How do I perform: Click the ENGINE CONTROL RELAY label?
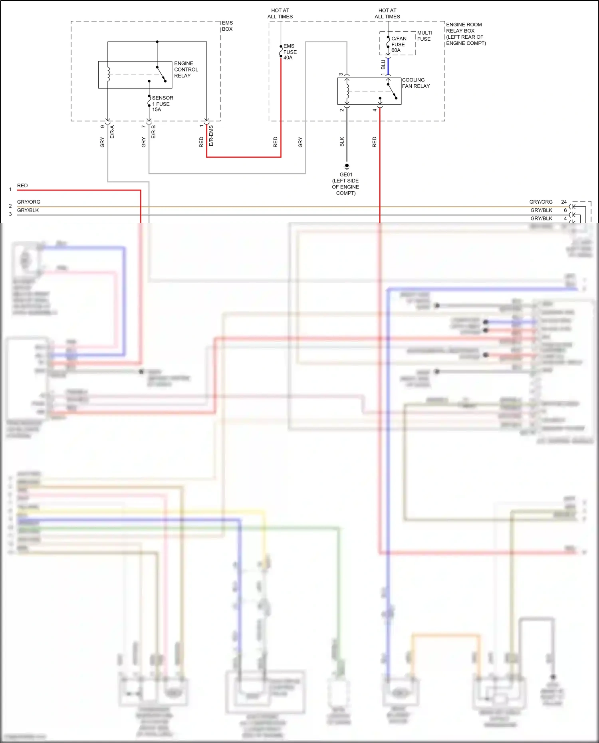tap(186, 69)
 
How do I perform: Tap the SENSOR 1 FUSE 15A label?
tap(162, 103)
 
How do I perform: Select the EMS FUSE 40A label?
tap(290, 52)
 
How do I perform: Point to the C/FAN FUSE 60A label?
tap(399, 44)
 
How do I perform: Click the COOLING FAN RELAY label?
tap(416, 83)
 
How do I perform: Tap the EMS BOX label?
tap(227, 26)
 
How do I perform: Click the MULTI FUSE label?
tap(424, 36)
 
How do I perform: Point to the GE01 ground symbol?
tap(347, 166)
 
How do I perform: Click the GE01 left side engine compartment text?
tap(346, 184)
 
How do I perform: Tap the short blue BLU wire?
tap(388, 66)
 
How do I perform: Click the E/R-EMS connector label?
tap(211, 136)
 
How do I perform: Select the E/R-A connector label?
tap(112, 132)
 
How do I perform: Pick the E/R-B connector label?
tap(154, 132)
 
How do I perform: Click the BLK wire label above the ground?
tap(342, 142)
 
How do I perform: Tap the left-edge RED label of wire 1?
tap(22, 186)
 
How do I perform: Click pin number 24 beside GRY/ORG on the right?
tap(564, 202)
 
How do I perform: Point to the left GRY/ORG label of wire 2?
tap(29, 202)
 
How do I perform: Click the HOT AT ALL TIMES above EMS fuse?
tap(280, 14)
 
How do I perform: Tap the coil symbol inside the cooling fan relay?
tap(347, 91)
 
